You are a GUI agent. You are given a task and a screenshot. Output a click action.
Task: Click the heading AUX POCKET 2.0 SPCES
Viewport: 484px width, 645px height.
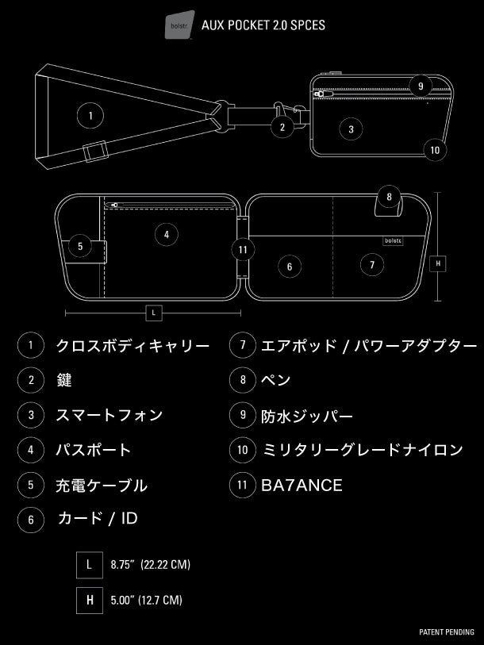(x=263, y=25)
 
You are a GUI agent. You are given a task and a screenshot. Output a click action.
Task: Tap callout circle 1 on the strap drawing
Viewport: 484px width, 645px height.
(x=90, y=116)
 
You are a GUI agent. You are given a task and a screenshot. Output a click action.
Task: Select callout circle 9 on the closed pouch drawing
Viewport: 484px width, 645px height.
(x=421, y=86)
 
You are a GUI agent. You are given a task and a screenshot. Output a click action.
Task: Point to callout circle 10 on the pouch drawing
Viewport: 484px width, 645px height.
(x=435, y=148)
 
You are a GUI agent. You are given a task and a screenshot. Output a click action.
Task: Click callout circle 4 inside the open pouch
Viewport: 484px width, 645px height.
(x=166, y=234)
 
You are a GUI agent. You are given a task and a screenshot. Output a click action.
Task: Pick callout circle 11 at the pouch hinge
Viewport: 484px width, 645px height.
(x=244, y=249)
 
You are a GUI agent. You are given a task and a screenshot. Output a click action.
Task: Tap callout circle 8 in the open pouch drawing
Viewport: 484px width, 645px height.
(x=388, y=196)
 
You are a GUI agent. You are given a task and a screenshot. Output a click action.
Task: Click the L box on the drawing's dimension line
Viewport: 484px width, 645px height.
(x=155, y=313)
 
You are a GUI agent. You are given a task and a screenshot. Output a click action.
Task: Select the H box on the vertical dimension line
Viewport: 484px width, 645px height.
(x=437, y=263)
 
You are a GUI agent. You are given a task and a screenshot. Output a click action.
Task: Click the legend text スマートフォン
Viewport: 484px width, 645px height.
(x=109, y=414)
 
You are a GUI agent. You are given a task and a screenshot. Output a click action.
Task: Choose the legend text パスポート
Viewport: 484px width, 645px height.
(x=93, y=450)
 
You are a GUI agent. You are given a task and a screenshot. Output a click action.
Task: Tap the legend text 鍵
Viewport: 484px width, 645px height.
(x=63, y=380)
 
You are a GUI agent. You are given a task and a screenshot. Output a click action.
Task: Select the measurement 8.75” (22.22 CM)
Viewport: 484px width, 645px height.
(x=151, y=565)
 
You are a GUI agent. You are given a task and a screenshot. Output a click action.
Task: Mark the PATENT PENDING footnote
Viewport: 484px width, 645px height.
(x=446, y=632)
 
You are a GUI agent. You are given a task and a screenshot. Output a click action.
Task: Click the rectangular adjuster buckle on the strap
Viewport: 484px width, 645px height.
(x=97, y=150)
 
